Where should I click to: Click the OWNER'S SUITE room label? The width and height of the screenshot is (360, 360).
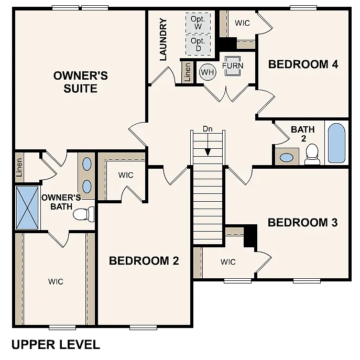[x=81, y=82]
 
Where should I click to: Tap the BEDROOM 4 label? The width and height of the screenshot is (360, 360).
[x=302, y=64]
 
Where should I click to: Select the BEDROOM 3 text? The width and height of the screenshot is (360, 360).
[x=302, y=222]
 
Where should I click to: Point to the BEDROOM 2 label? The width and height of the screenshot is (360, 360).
[x=144, y=260]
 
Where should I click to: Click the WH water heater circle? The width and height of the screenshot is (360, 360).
[x=208, y=72]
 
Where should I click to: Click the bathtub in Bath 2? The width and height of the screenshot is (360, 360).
[x=336, y=143]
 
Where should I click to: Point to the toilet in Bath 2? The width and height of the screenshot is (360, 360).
[x=312, y=154]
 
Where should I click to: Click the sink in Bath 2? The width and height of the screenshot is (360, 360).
[x=287, y=157]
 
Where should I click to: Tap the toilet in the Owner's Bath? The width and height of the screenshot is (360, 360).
[x=84, y=214]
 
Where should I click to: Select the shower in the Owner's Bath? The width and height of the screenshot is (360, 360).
[x=27, y=208]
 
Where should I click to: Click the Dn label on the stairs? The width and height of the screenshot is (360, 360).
[x=208, y=128]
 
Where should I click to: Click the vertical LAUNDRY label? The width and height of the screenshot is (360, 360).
[x=163, y=39]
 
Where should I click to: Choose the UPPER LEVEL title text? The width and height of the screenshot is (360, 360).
[x=55, y=344]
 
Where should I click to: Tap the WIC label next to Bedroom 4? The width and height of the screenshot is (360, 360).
[x=242, y=23]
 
